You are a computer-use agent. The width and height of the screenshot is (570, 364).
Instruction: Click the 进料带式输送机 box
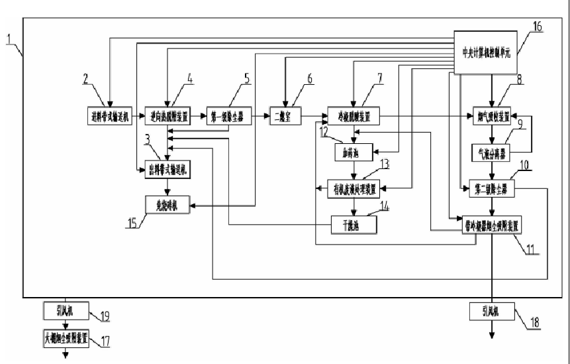coord(109,117)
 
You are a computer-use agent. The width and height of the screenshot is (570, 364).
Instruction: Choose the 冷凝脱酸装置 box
coord(354,117)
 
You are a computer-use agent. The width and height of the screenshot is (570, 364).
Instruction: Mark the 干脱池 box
coord(354,226)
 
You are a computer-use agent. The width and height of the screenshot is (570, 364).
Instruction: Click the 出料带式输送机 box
coord(166,170)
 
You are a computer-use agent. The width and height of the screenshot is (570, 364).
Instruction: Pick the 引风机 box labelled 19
coord(65,310)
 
